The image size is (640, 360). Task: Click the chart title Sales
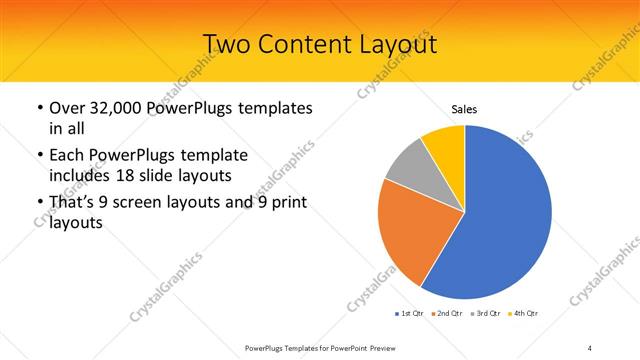click(464, 108)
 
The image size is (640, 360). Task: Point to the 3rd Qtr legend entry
click(487, 314)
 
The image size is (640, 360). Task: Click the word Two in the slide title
click(227, 44)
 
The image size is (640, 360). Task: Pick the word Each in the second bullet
click(67, 155)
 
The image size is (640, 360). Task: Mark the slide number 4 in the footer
click(590, 347)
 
